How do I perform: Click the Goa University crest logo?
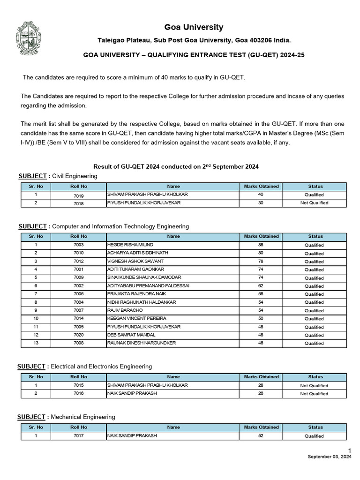point(31,39)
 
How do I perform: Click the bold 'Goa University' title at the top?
point(194,27)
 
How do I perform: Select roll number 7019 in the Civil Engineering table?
point(78,195)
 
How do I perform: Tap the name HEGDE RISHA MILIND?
point(130,245)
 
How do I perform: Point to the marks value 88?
point(261,245)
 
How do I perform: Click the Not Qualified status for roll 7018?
point(314,203)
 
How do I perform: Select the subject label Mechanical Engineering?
point(82,417)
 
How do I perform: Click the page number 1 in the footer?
point(349,450)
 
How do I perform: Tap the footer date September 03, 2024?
point(329,457)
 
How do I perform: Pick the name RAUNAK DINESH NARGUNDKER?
point(141,343)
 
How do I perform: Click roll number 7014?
point(78,319)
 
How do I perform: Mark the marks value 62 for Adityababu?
point(261,286)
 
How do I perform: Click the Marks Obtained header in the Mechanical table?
point(261,427)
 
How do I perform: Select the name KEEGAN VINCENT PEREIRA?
point(137,319)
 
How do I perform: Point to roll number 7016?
point(78,393)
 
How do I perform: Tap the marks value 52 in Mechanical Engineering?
point(261,435)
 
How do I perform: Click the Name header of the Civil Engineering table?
point(173,186)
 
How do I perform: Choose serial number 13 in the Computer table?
point(36,343)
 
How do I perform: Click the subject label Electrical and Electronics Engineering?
point(101,366)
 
